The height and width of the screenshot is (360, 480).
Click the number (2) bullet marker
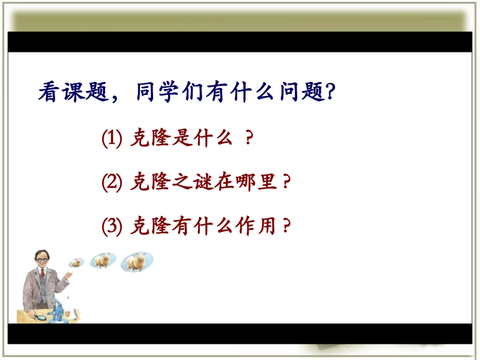[x=112, y=182]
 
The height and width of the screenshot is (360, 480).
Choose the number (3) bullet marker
[x=112, y=226]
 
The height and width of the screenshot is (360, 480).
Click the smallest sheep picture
[x=76, y=263]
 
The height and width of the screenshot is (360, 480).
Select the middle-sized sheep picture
[x=103, y=261]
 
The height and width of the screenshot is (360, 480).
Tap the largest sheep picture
[x=136, y=262]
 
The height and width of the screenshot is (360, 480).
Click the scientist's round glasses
[x=39, y=258]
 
